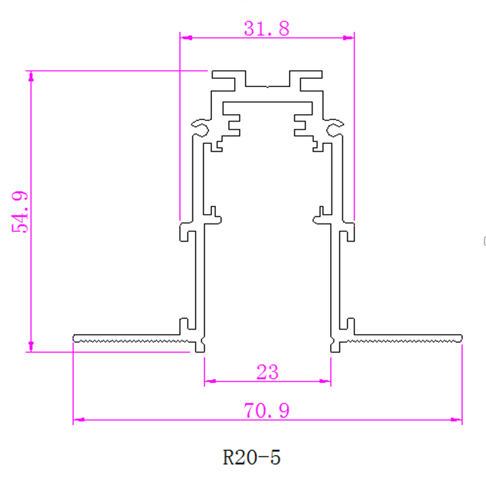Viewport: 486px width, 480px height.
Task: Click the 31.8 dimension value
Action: pos(267,28)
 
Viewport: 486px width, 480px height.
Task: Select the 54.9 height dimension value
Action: pos(20,212)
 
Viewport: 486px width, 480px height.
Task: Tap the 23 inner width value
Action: pos(267,371)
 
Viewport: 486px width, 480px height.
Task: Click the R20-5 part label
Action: pos(251,457)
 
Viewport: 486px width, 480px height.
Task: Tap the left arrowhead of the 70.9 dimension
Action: pos(78,420)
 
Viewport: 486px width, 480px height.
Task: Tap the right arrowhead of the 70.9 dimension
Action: pos(457,420)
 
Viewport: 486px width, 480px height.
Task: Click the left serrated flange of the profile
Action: pos(128,337)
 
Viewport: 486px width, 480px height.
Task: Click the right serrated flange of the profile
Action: pos(405,337)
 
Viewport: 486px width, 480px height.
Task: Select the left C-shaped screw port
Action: pos(200,126)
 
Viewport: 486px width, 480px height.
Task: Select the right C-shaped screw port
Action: pos(334,126)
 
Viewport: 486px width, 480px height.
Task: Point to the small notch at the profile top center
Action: pos(268,86)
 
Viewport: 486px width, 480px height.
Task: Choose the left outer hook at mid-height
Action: pos(185,232)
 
